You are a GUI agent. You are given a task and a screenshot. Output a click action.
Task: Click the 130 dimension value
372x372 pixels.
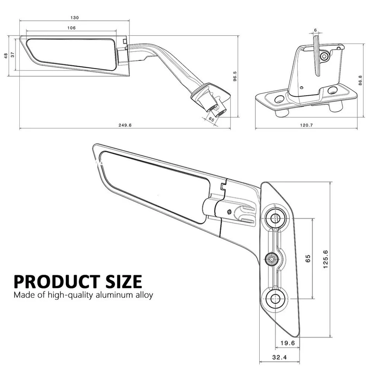click(x=74, y=18)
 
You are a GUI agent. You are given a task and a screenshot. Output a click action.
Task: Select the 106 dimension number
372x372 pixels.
click(x=71, y=28)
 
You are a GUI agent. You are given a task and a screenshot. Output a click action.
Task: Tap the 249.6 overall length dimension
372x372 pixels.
click(x=126, y=125)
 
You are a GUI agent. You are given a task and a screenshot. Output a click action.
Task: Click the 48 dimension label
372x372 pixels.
click(x=5, y=56)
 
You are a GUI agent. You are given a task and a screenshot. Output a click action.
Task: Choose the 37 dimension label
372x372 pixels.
click(x=13, y=55)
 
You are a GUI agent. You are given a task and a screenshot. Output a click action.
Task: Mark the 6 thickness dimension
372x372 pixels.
click(x=315, y=30)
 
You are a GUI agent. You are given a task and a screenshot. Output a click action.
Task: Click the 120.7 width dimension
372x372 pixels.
click(x=306, y=125)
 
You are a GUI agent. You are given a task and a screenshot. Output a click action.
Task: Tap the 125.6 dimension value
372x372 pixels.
click(x=325, y=259)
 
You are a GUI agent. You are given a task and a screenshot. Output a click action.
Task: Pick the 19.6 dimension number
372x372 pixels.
click(x=287, y=343)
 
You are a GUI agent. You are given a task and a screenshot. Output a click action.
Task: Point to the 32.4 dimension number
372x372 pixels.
click(x=279, y=357)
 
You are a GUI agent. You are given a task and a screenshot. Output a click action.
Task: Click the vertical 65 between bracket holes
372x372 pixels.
click(x=308, y=258)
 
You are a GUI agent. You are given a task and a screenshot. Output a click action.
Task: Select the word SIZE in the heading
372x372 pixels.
click(x=121, y=281)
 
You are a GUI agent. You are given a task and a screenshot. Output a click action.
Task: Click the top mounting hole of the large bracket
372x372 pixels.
click(x=276, y=218)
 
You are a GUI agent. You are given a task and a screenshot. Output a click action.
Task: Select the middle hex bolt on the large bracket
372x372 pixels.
click(x=272, y=258)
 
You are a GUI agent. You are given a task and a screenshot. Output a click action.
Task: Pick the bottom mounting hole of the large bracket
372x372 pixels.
click(x=276, y=298)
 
